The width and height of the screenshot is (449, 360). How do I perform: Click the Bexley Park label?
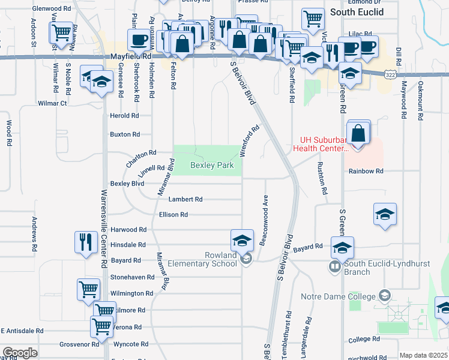point(212,165)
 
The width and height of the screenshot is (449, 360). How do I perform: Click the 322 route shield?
point(390,73)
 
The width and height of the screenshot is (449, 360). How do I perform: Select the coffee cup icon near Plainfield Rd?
point(139,40)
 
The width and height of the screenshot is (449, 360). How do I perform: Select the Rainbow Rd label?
point(366,171)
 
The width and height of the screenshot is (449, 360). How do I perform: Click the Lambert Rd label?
point(185,199)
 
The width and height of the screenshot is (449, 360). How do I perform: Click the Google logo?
point(20,353)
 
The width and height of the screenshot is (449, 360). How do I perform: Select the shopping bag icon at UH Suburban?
point(358,133)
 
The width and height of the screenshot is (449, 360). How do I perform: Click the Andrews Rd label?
point(35,234)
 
